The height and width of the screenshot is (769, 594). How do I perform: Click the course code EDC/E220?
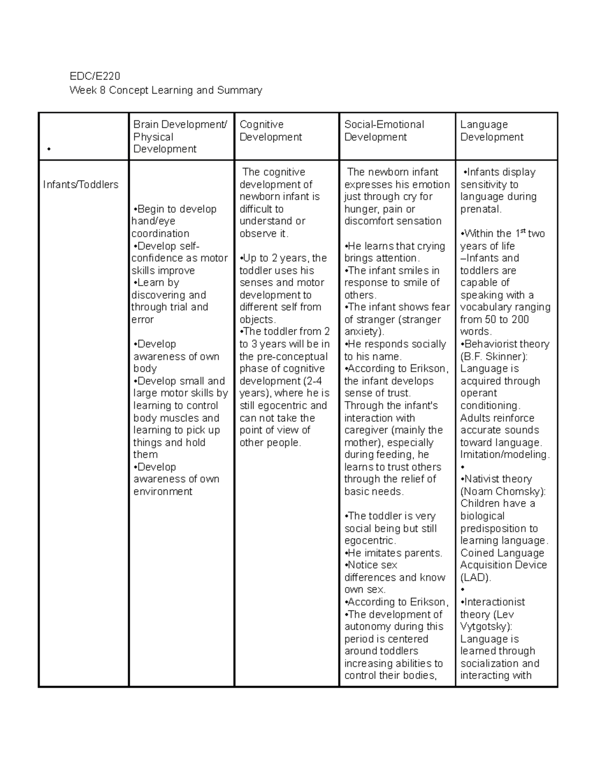pyautogui.click(x=95, y=76)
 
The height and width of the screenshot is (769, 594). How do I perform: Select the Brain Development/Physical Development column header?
pyautogui.click(x=180, y=137)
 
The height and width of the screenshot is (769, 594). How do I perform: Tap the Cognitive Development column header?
pyautogui.click(x=270, y=131)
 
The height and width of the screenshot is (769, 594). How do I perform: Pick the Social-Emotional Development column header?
pyautogui.click(x=384, y=131)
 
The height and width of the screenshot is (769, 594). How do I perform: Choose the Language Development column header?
pyautogui.click(x=492, y=131)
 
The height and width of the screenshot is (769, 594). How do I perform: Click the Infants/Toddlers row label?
pyautogui.click(x=81, y=185)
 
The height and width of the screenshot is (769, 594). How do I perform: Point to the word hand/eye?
pyautogui.click(x=153, y=221)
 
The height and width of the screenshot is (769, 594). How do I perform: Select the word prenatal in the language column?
pyautogui.click(x=480, y=209)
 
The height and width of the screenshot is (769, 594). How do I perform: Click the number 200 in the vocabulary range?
pyautogui.click(x=520, y=319)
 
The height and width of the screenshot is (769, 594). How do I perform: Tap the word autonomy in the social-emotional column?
pyautogui.click(x=367, y=626)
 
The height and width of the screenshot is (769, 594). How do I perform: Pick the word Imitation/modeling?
pyautogui.click(x=504, y=455)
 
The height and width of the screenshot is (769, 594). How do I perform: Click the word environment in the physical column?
pyautogui.click(x=163, y=492)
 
